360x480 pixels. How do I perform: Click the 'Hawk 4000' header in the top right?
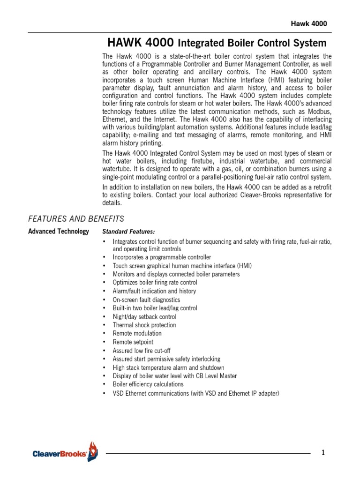[x=310, y=24]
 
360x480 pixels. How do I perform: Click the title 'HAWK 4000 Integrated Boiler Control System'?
[x=217, y=44]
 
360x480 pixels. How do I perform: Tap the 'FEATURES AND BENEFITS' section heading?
[x=76, y=218]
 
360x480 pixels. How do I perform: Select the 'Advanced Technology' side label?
[x=59, y=232]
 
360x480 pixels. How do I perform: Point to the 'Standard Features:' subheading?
[x=128, y=232]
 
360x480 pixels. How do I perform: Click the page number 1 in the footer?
[x=323, y=452]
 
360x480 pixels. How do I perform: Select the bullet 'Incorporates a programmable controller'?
[x=162, y=257]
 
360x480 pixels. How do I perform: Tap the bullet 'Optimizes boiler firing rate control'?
[x=155, y=283]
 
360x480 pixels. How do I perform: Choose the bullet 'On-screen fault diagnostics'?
[x=146, y=300]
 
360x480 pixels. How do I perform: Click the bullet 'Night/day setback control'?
[x=144, y=316]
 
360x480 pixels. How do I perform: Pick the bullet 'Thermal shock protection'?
[x=144, y=325]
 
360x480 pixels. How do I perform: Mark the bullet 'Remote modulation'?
[x=137, y=333]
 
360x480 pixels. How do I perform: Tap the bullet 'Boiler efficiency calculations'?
[x=148, y=384]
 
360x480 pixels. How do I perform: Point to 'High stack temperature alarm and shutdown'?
[x=168, y=367]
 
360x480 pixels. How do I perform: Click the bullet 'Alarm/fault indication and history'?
[x=154, y=291]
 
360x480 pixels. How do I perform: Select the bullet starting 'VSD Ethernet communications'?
[x=195, y=393]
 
